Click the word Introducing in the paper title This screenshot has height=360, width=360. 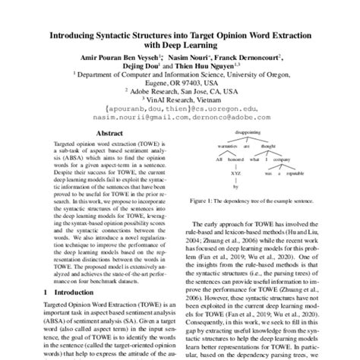pos(75,35)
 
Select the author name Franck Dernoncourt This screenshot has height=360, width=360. pos(251,56)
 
